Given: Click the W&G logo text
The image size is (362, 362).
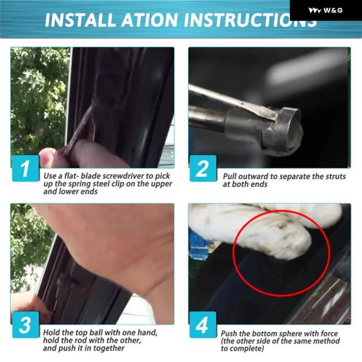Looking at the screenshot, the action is [x=333, y=10].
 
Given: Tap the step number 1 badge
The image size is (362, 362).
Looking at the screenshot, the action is [x=25, y=168].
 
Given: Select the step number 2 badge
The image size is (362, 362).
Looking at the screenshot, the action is [x=203, y=168].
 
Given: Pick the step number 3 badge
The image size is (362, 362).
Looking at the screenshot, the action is [x=25, y=325].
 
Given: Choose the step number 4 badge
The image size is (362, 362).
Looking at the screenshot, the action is [x=203, y=325].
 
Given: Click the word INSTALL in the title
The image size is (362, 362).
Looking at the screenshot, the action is [x=80, y=20].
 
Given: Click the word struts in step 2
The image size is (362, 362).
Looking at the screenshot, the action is [x=335, y=177].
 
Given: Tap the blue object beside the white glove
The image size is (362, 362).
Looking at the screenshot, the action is [x=198, y=245].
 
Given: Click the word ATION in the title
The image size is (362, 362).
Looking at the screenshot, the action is [x=150, y=20].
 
